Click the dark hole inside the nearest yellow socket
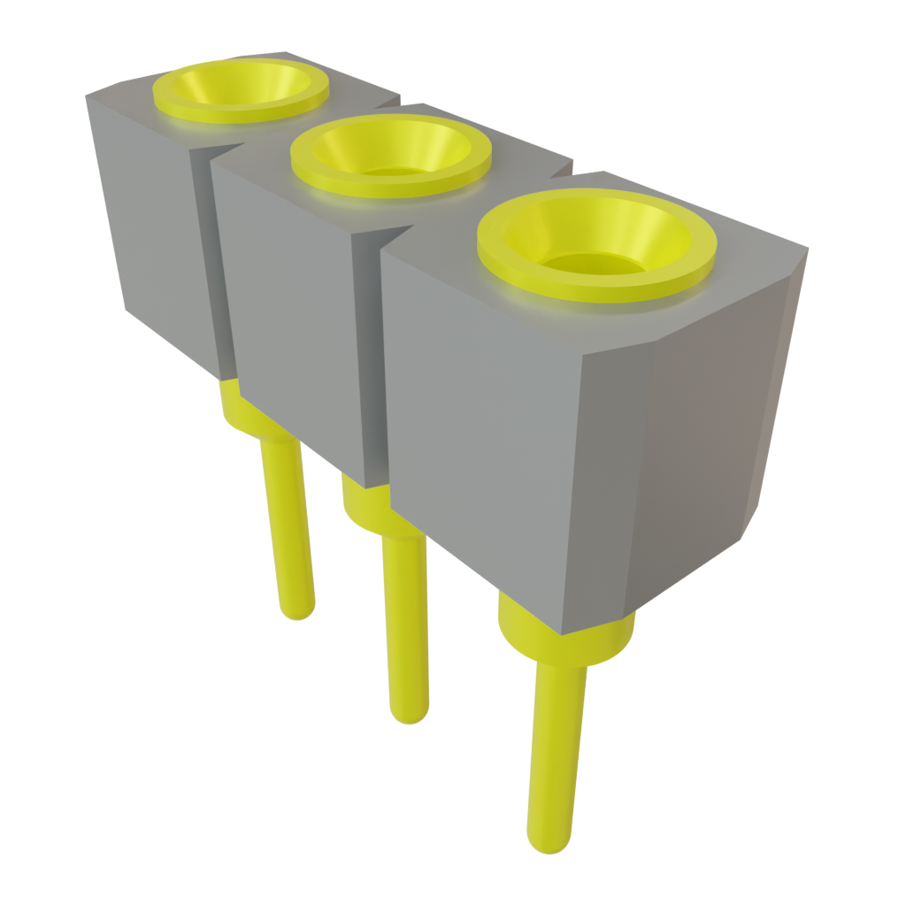(x=591, y=263)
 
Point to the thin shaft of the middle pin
(x=406, y=619)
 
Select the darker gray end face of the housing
(x=708, y=442)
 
